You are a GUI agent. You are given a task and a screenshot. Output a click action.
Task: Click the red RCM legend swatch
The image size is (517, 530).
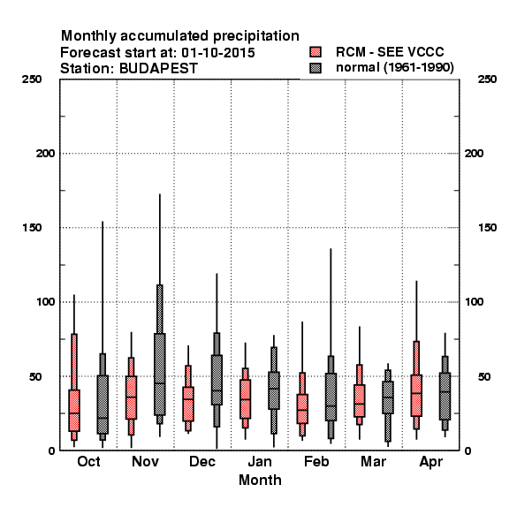click(x=316, y=52)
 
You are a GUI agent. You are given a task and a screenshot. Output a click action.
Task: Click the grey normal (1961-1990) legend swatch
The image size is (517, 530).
click(x=316, y=68)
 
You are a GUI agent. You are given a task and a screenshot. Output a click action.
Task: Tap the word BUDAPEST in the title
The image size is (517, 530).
click(x=158, y=69)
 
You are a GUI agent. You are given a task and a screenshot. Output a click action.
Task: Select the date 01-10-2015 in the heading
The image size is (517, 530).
click(x=218, y=53)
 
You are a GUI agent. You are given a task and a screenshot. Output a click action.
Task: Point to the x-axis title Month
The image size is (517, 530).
click(x=260, y=480)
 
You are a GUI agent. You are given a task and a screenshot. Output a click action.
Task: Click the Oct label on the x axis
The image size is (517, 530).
click(x=88, y=461)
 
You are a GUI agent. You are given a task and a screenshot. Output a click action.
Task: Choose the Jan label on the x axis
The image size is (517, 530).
click(x=260, y=461)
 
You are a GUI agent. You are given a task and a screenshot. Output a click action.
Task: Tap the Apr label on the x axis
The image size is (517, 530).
click(x=430, y=462)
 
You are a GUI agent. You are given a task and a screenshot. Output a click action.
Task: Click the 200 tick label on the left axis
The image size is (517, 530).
click(x=45, y=154)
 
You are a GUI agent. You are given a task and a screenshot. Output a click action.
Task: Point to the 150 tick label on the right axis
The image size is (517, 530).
click(x=487, y=228)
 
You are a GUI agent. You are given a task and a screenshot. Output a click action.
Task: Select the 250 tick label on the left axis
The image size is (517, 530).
click(x=32, y=79)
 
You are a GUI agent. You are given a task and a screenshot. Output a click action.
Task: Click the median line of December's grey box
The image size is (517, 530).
click(x=217, y=390)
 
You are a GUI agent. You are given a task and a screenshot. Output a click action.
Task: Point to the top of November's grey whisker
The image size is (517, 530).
click(x=160, y=194)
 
